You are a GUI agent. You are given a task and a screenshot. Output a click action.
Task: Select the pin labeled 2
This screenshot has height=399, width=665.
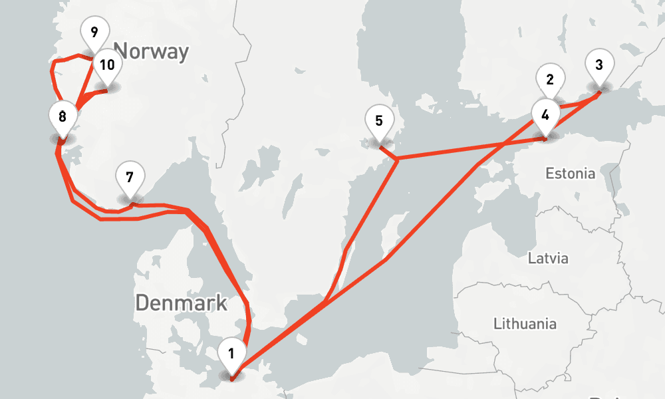550,80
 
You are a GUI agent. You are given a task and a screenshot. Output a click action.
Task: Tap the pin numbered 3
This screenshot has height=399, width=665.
599,65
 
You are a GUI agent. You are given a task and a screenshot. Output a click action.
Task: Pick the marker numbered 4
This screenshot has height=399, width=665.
545,114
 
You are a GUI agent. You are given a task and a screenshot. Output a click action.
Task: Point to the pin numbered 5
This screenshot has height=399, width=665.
379,121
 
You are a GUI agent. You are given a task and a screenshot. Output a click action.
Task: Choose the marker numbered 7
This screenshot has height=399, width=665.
130,178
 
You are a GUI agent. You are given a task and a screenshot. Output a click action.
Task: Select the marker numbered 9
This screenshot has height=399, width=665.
94,32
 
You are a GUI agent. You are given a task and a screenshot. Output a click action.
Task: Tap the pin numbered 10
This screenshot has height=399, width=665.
106,65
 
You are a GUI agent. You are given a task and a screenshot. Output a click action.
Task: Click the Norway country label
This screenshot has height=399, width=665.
151,51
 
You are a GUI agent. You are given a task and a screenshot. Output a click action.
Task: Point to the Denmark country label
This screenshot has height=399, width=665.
181,303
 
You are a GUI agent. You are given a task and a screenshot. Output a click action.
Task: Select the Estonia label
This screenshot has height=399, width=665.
570,174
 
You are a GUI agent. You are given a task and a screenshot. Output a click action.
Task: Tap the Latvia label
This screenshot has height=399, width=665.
548,258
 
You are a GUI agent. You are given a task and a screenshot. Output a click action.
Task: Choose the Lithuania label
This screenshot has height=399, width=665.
525,324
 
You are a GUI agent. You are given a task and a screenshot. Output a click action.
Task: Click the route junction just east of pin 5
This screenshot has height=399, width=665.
397,159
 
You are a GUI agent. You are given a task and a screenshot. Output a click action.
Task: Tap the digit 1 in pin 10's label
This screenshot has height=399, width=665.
100,65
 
